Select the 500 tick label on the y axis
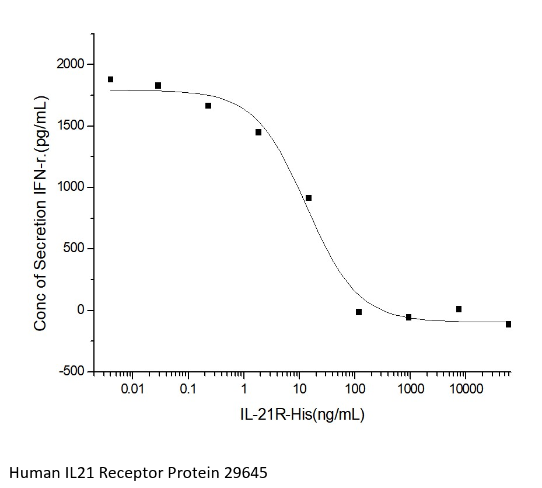tap(75, 249)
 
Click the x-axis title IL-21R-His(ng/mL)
tap(302, 414)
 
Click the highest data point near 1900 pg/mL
tap(110, 79)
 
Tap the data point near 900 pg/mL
tap(309, 198)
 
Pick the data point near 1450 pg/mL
tap(258, 132)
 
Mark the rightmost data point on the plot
tap(509, 324)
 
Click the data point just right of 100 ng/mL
tap(359, 312)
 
